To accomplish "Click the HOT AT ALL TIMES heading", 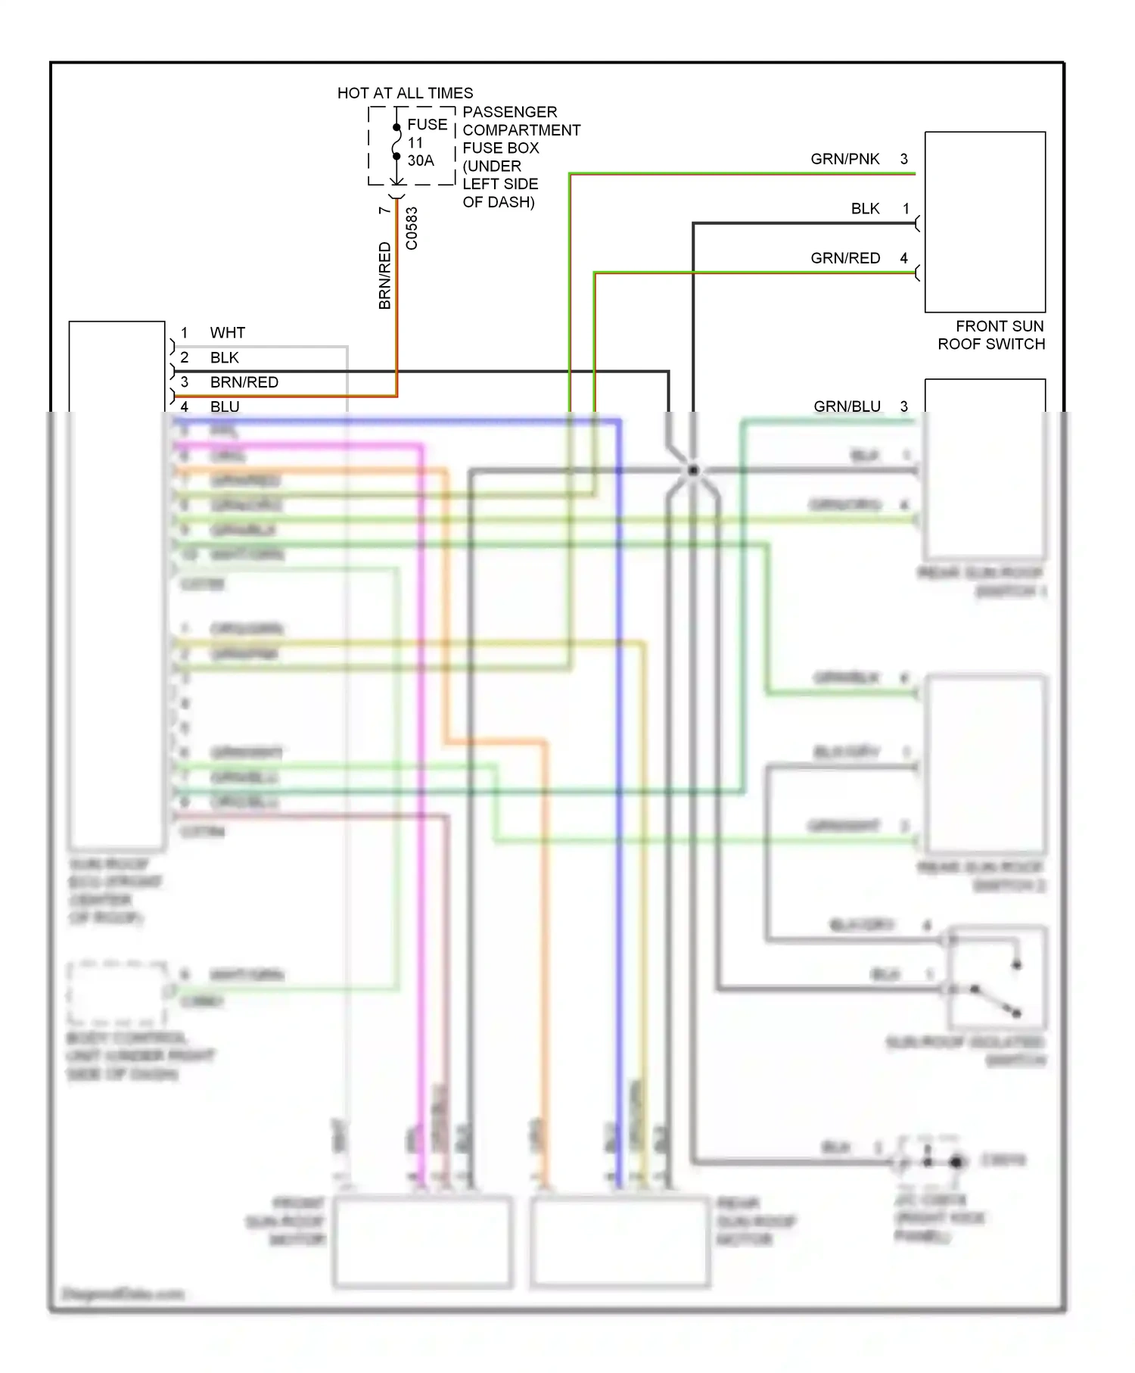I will click(405, 93).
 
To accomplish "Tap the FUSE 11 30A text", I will click(426, 142).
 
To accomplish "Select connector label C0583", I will click(412, 228).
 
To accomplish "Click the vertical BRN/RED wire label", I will click(384, 276).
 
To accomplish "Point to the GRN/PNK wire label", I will click(844, 159).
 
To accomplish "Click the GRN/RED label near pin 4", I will click(844, 258).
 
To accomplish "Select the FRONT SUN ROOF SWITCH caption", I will click(991, 335).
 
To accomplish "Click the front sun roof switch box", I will click(984, 222).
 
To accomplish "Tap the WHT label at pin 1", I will click(227, 333).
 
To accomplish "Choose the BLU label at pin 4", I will click(225, 407).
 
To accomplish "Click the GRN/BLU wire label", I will click(847, 406).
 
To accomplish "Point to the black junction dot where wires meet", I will click(693, 471).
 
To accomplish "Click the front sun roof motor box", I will click(422, 1241).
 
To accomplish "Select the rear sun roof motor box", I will click(620, 1241).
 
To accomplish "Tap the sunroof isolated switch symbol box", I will click(997, 977).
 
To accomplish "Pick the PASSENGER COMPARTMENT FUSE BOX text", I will click(521, 157).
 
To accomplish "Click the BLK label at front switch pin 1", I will click(865, 209).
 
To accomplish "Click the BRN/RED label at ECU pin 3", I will click(244, 382).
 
